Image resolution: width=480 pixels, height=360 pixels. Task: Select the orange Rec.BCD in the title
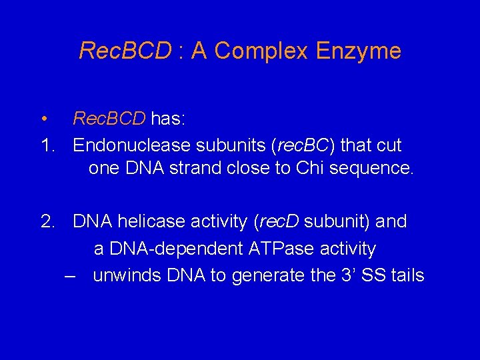[125, 51]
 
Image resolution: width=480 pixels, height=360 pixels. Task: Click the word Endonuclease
[131, 145]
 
